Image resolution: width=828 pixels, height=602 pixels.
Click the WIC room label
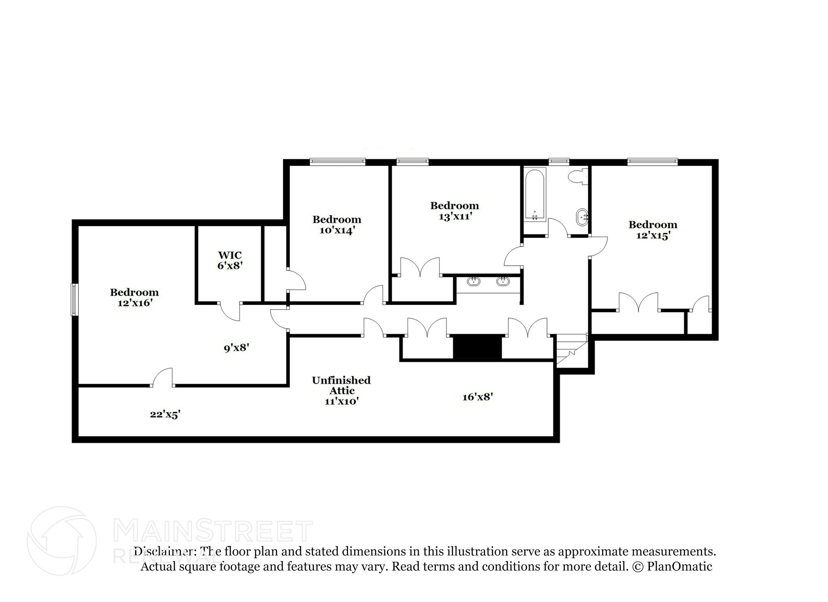230,255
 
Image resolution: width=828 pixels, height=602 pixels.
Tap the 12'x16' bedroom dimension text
135,303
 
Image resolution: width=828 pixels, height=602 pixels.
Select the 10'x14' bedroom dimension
337,230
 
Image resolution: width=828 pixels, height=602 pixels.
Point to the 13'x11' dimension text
455,216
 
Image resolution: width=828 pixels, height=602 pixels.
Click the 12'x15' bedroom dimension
653,235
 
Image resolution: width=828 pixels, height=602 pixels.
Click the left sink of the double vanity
473,281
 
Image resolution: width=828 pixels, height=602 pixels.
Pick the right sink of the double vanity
503,281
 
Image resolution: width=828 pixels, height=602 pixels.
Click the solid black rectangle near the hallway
477,346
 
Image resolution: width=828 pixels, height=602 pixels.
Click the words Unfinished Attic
341,385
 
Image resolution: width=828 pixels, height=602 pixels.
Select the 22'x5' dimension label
165,414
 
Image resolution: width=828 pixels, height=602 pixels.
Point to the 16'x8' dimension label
477,397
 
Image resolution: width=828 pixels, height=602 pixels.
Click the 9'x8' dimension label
237,348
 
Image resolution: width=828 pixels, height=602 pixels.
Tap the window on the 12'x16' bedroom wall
74,300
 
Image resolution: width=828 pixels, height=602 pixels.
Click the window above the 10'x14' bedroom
338,162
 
